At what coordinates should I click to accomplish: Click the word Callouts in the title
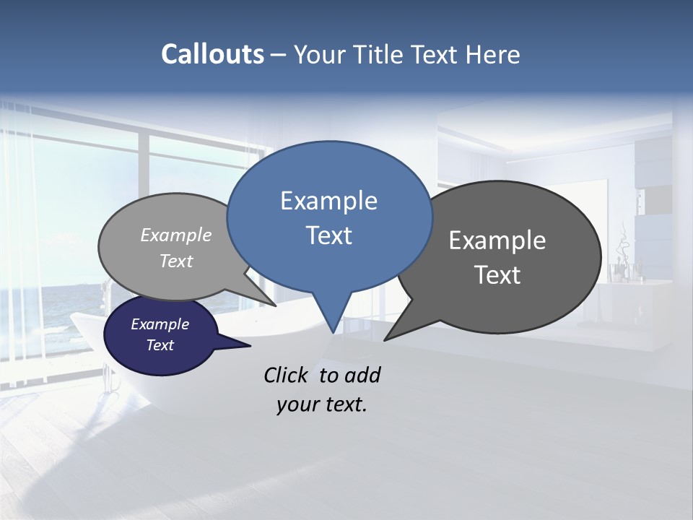point(212,54)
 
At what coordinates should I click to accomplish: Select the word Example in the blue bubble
point(328,201)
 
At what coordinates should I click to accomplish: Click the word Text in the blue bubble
point(328,235)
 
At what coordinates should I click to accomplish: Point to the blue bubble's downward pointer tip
point(333,332)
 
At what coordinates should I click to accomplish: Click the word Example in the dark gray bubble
point(497,240)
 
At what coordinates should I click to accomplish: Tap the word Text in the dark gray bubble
point(497,274)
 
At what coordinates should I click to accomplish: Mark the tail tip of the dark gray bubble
point(385,339)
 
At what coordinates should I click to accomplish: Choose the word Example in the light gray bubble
point(176,235)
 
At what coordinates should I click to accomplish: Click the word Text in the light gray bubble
point(176,261)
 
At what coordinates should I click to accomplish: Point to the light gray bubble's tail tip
point(276,305)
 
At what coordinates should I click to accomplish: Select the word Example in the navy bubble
point(160,324)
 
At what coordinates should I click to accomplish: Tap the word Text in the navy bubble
point(160,345)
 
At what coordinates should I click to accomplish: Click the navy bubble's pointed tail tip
point(250,345)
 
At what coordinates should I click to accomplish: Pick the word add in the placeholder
point(362,375)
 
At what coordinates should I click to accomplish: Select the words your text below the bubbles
point(322,404)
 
